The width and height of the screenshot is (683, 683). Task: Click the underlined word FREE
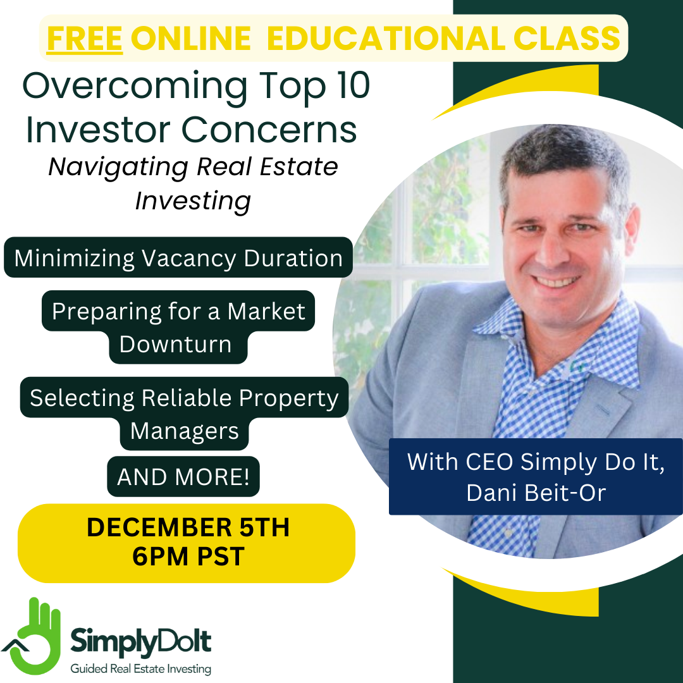tap(85, 39)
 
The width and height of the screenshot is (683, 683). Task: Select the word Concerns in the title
tap(269, 130)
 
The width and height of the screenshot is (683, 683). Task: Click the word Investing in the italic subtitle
tap(193, 201)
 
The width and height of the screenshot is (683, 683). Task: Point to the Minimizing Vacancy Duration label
tap(178, 257)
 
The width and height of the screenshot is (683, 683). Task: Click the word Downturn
tap(175, 344)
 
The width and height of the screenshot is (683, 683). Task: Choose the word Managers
tap(184, 431)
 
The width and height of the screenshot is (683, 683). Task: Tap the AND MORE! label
tap(183, 477)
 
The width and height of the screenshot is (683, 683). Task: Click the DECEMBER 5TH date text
tap(188, 527)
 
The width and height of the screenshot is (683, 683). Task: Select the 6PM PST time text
tap(188, 557)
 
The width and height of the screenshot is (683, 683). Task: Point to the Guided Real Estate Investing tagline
tap(140, 668)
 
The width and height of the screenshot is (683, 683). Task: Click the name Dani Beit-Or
tap(536, 493)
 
